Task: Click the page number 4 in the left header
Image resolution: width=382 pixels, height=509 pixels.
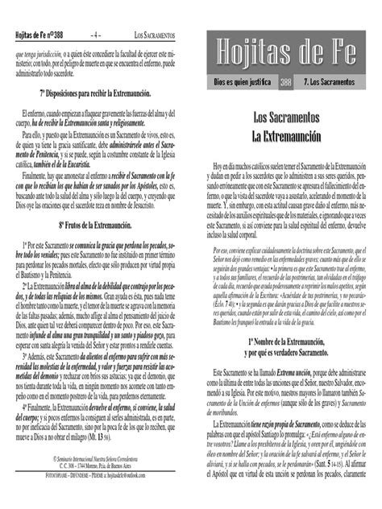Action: (96, 35)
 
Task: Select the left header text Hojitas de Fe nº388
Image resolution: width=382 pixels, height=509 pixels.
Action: (39, 35)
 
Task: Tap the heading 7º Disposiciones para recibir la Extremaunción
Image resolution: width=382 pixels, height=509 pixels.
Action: (95, 87)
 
